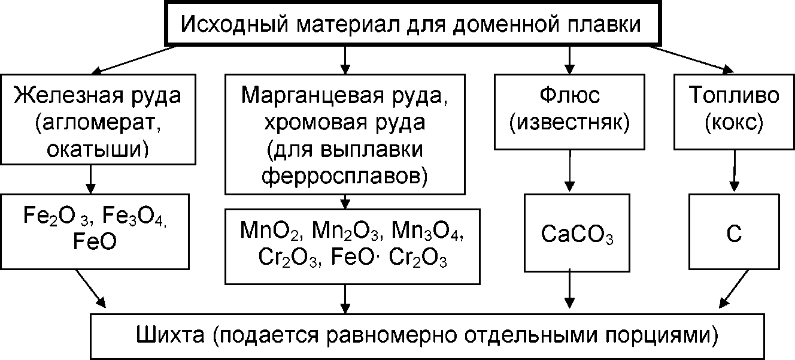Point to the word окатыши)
tap(98, 147)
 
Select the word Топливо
tap(735, 96)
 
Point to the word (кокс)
tap(734, 123)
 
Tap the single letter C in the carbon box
tap(734, 235)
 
